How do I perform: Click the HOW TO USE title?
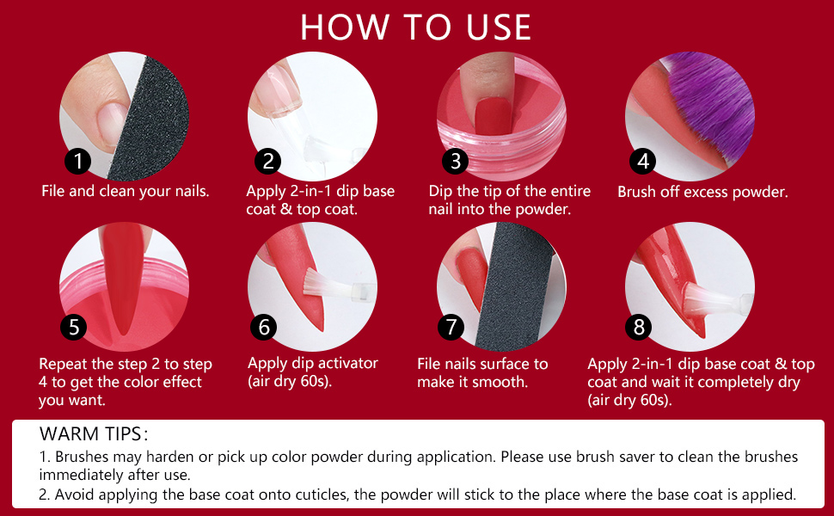click(416, 27)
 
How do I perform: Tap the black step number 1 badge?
click(78, 161)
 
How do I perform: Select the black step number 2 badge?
click(267, 161)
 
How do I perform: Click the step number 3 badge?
click(455, 161)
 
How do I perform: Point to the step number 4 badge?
click(643, 161)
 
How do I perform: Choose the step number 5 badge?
click(74, 327)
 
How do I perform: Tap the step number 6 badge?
click(263, 327)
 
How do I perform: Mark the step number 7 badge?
click(451, 327)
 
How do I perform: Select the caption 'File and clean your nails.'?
click(126, 191)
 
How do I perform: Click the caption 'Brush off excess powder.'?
click(702, 192)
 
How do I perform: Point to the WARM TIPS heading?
click(94, 433)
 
